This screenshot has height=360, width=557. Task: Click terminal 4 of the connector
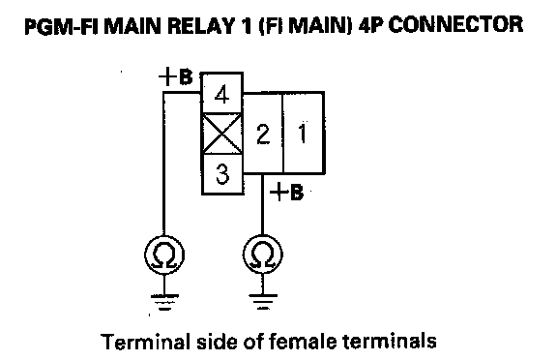[x=222, y=93]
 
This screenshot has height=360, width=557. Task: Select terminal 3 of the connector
[x=222, y=174]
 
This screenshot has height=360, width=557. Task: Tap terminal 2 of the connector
[x=263, y=134]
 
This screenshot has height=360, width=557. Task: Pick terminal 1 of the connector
[x=304, y=134]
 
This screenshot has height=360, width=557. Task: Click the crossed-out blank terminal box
[x=222, y=134]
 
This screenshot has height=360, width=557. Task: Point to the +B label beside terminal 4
[x=175, y=76]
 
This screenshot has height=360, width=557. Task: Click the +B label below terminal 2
[x=286, y=193]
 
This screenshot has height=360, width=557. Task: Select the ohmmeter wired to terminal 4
[x=164, y=255]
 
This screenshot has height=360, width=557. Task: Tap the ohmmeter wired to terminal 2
[x=263, y=255]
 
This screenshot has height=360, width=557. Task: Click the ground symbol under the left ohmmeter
[x=164, y=302]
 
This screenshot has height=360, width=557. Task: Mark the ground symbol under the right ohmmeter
[x=263, y=302]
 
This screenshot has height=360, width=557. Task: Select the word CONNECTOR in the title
[x=455, y=25]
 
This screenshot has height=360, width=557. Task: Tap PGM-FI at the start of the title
[x=56, y=26]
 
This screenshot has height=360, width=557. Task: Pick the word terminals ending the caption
[x=390, y=341]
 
